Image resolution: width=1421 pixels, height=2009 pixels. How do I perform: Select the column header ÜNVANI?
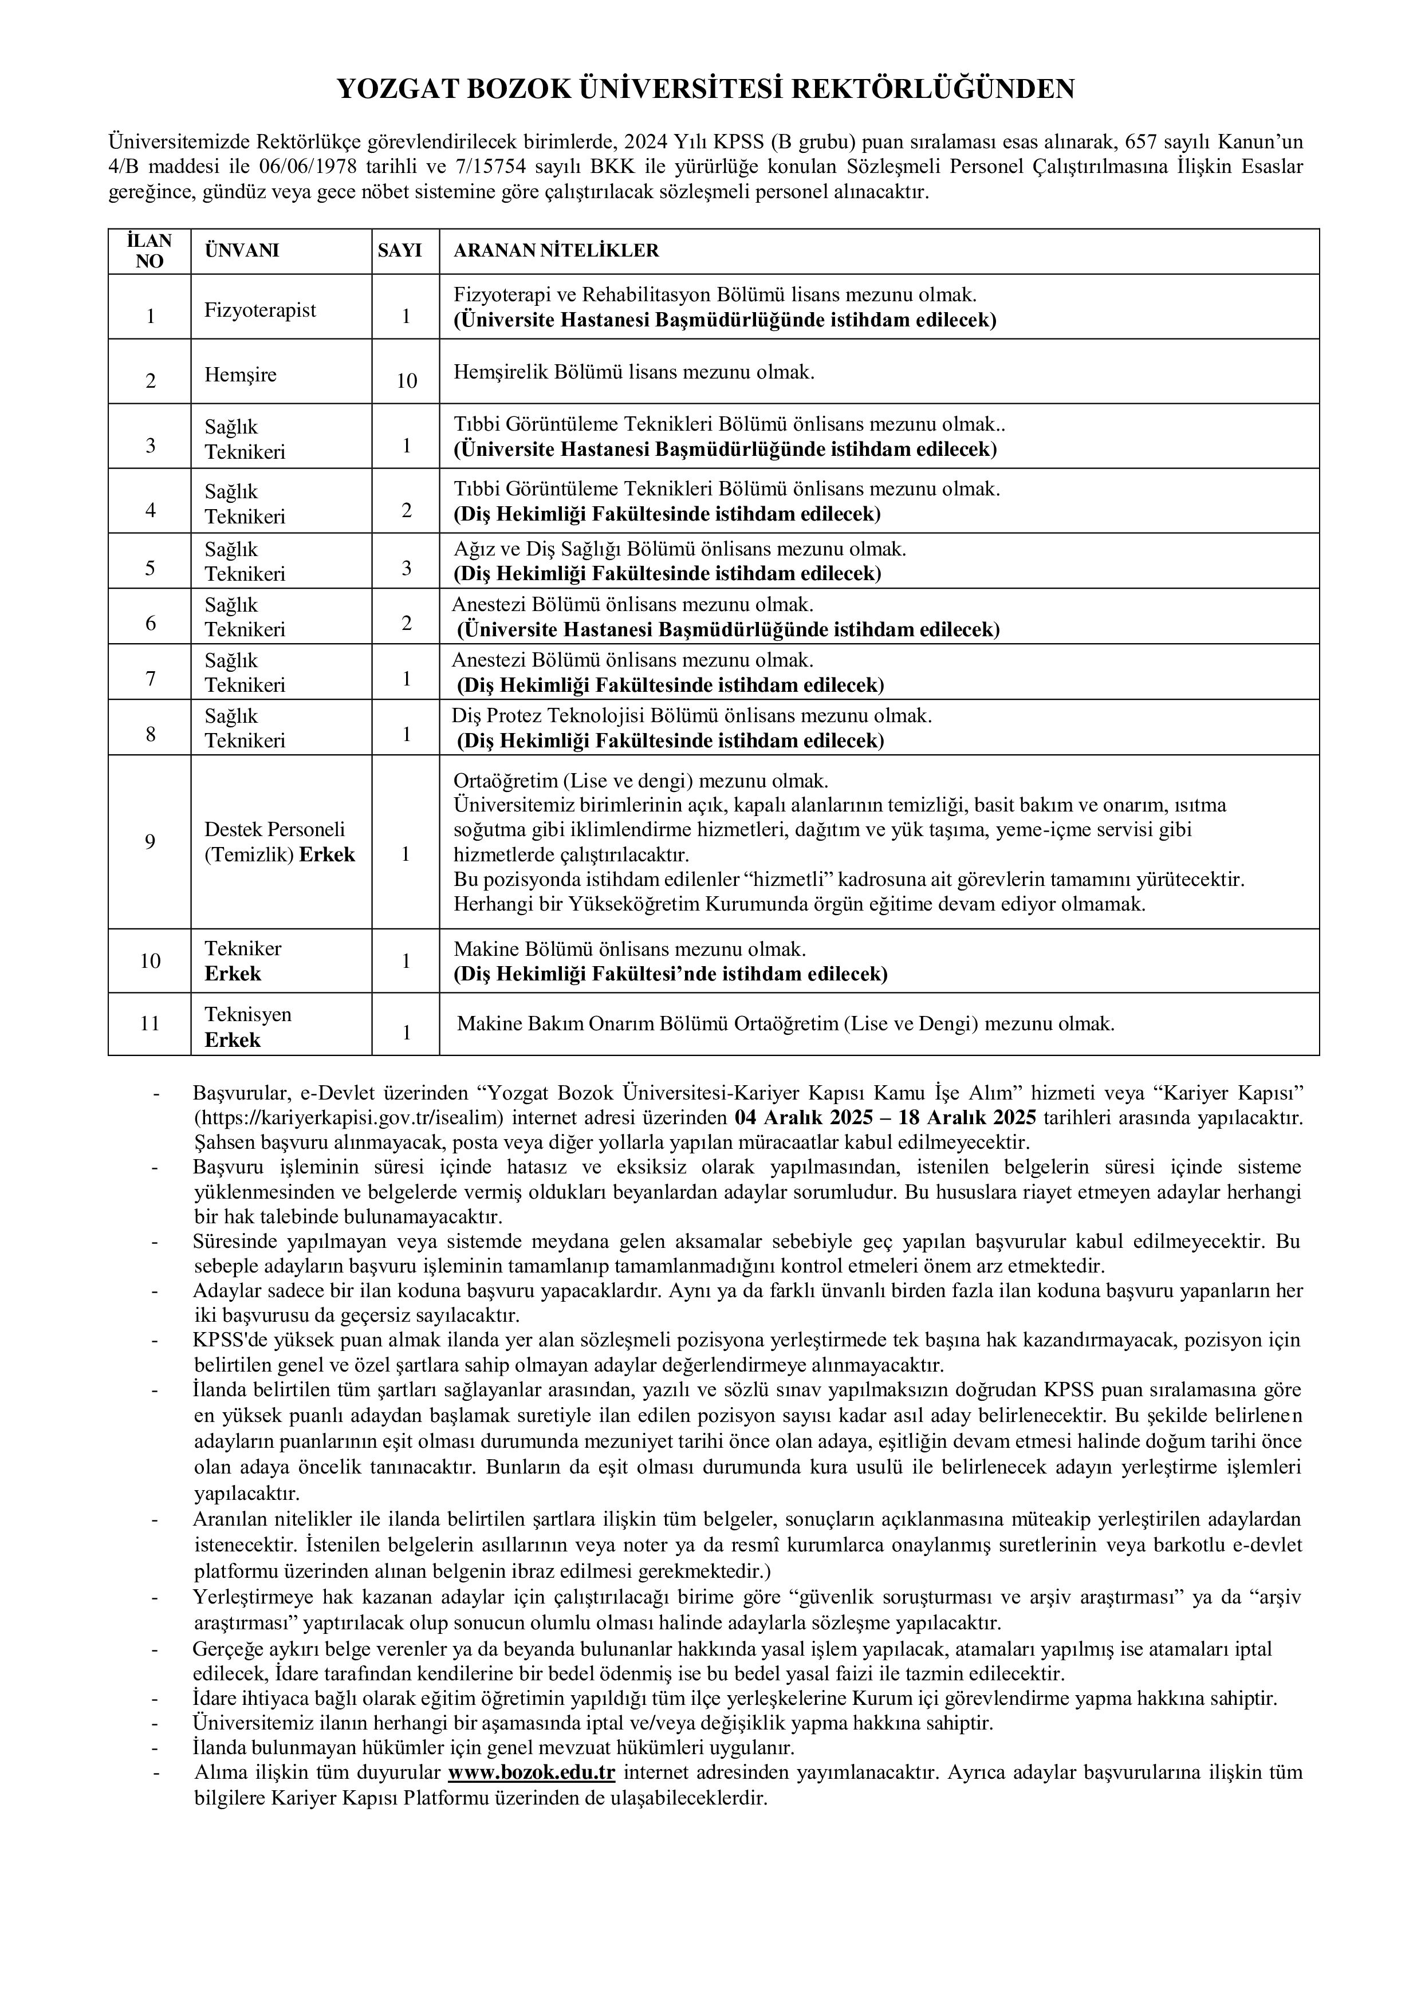click(242, 251)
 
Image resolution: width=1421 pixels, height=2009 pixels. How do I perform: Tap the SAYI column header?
click(400, 251)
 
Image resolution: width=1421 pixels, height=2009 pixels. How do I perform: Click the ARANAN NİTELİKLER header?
click(556, 251)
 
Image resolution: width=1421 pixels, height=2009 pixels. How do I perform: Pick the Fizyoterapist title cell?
click(261, 310)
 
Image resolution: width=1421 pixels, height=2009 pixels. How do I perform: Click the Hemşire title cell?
click(241, 375)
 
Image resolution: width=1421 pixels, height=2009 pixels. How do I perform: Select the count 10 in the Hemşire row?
click(406, 381)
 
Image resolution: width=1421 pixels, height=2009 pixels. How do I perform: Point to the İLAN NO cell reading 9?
click(151, 842)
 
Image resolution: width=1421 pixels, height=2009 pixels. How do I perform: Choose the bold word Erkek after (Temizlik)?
click(327, 855)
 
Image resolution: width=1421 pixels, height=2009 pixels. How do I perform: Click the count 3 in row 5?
click(406, 568)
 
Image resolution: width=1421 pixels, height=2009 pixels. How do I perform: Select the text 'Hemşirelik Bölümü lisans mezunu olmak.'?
click(633, 373)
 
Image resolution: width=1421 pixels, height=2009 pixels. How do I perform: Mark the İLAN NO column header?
click(149, 251)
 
